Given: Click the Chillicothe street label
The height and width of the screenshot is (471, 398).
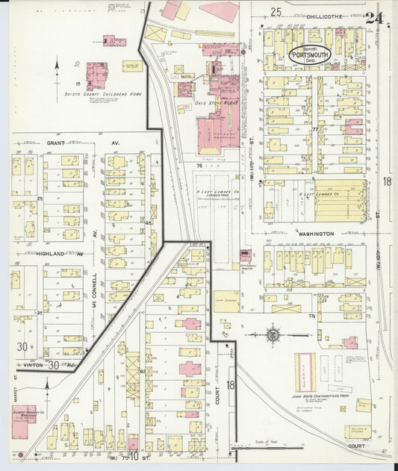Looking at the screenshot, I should click(308, 15).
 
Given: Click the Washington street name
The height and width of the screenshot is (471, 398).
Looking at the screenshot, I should click(315, 234).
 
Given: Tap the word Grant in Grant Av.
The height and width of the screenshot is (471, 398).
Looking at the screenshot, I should click(55, 142).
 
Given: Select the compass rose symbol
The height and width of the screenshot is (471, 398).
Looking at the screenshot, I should click(273, 334).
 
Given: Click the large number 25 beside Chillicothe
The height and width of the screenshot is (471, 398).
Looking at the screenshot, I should click(276, 12).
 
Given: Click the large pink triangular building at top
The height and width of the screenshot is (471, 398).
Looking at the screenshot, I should click(220, 11).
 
